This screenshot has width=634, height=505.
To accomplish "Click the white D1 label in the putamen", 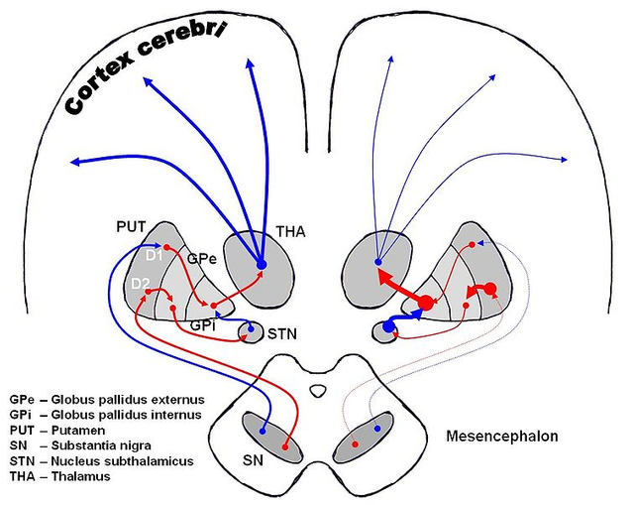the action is [154, 256].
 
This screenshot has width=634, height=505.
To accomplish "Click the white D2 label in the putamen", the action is [140, 284].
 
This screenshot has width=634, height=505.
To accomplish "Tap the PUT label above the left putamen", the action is [131, 227].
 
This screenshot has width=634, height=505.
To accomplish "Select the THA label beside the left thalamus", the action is [290, 231].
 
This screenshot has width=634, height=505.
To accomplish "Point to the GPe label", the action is [202, 258].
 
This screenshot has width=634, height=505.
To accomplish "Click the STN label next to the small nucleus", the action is [281, 334].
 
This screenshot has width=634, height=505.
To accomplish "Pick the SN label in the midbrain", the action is [253, 460].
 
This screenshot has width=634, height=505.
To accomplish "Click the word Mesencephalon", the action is [502, 437].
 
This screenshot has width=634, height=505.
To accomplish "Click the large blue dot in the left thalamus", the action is [262, 265].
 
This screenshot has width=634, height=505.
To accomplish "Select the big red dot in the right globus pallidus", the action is [425, 303].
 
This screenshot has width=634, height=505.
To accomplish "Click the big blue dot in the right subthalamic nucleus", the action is [388, 326].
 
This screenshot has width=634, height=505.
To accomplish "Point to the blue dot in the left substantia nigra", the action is [263, 432].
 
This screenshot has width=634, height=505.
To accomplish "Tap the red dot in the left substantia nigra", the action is [285, 447].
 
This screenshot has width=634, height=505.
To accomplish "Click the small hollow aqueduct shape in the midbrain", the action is [318, 391].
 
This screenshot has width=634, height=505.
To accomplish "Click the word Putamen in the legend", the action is [78, 430].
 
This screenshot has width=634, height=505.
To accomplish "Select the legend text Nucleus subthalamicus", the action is [122, 461].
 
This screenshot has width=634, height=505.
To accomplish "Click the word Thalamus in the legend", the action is [80, 476].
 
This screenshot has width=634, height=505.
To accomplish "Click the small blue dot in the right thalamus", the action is [378, 262].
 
